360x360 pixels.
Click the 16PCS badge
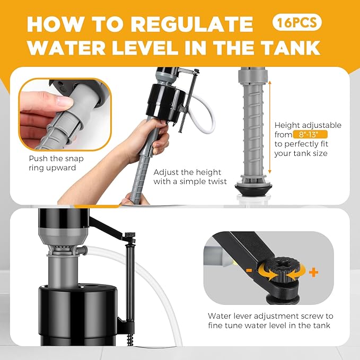(x=297, y=23)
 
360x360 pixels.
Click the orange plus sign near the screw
(x=314, y=272)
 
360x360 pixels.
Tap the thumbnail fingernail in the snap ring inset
(x=64, y=101)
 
